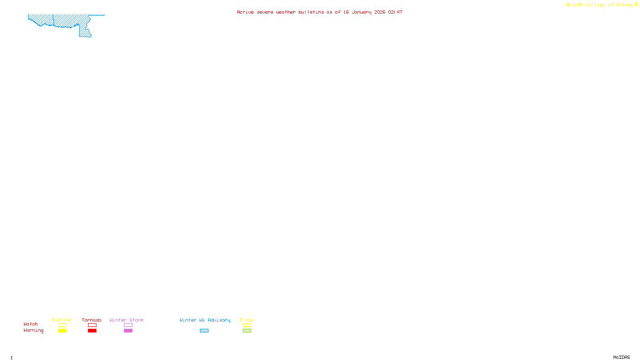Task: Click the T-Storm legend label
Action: pyautogui.click(x=62, y=320)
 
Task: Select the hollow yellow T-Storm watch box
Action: pyautogui.click(x=62, y=325)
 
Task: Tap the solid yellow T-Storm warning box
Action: pyautogui.click(x=62, y=331)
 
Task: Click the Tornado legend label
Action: pyautogui.click(x=92, y=320)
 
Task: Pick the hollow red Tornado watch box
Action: pyautogui.click(x=92, y=325)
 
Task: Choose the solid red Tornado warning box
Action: pyautogui.click(x=92, y=331)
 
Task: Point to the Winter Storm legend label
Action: pyautogui.click(x=126, y=320)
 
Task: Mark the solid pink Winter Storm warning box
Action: pyautogui.click(x=128, y=331)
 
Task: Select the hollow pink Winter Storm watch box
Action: pyautogui.click(x=128, y=325)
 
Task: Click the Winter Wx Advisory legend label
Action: pyautogui.click(x=205, y=320)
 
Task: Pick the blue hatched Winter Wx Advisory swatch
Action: pyautogui.click(x=204, y=331)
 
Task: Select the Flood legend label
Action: pyautogui.click(x=247, y=320)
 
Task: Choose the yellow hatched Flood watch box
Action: pyautogui.click(x=247, y=325)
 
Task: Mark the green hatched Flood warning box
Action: pyautogui.click(x=247, y=331)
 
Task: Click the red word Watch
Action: pyautogui.click(x=31, y=324)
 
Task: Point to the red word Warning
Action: pyautogui.click(x=34, y=330)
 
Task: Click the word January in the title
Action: pyautogui.click(x=362, y=12)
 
